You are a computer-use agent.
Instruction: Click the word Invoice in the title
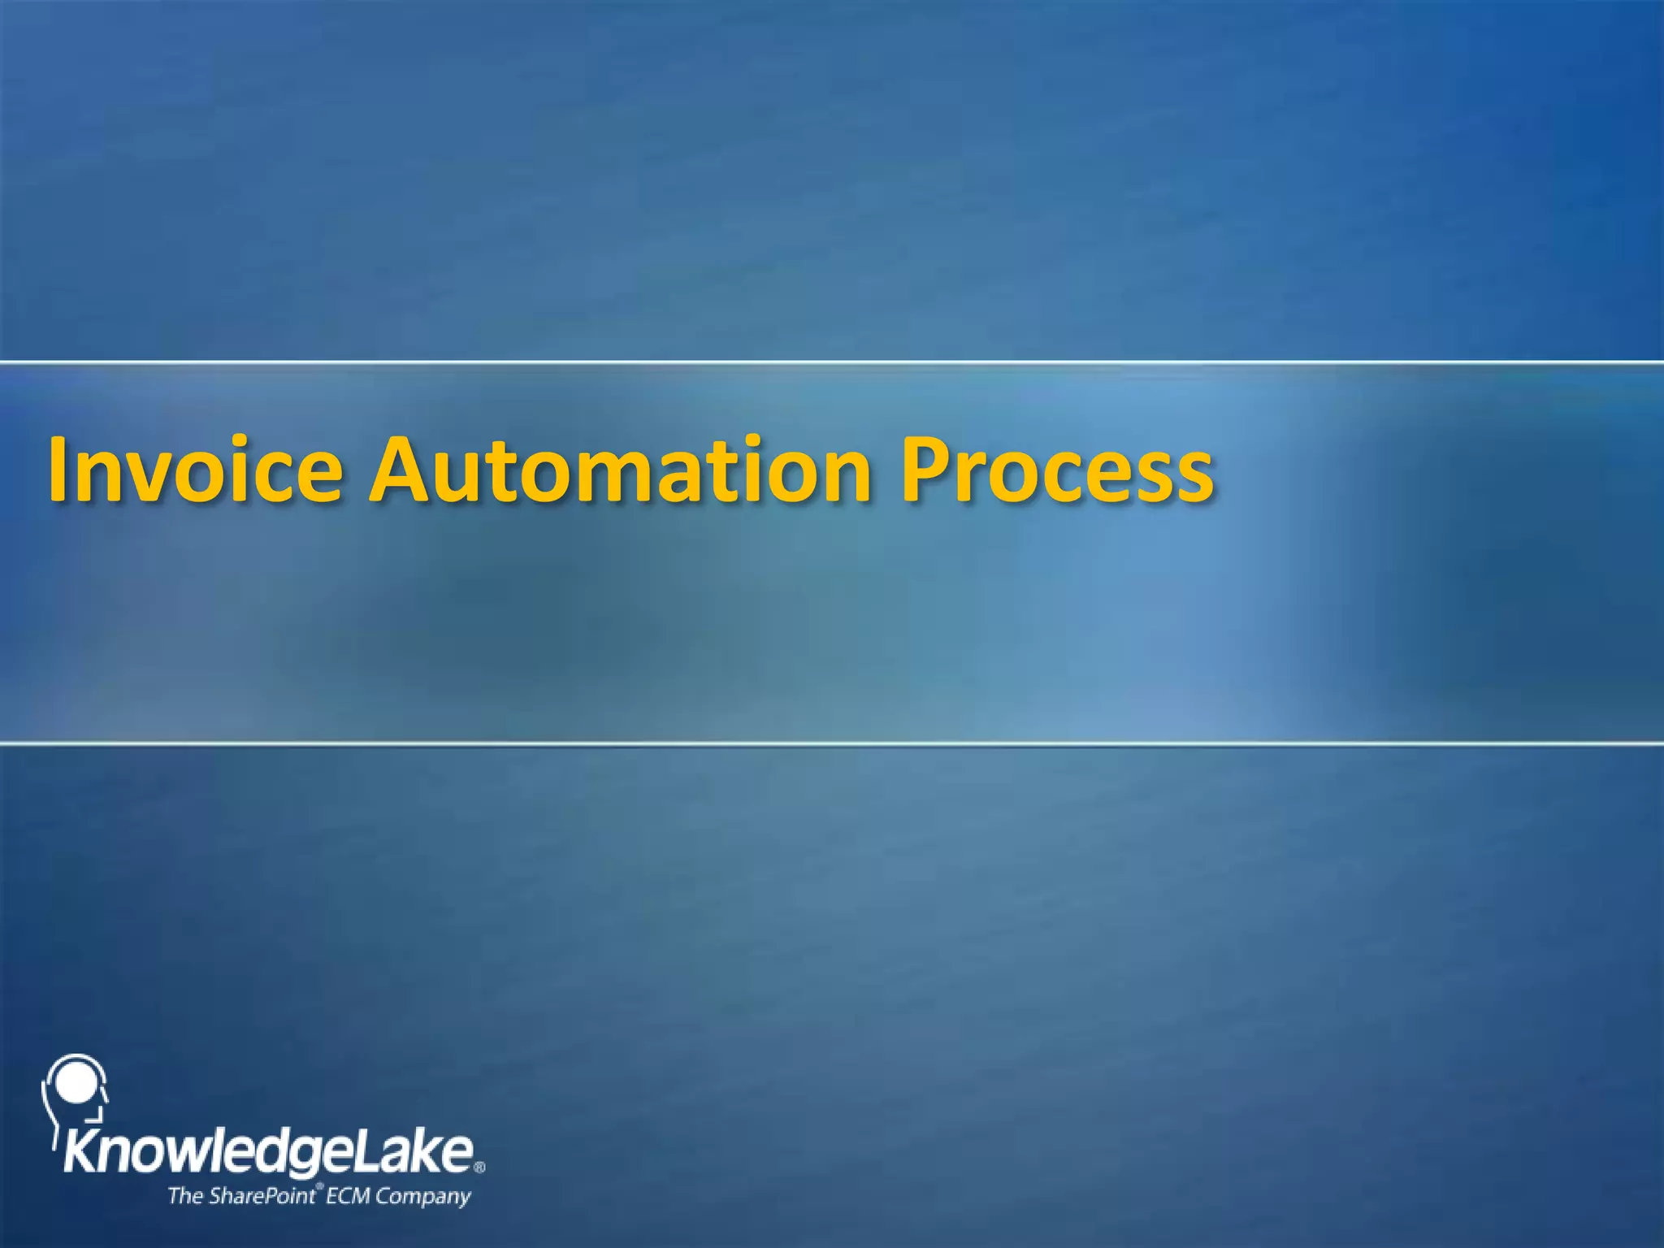pyautogui.click(x=196, y=470)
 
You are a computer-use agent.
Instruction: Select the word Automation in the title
pyautogui.click(x=619, y=470)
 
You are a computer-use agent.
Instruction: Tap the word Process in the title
pyautogui.click(x=1057, y=470)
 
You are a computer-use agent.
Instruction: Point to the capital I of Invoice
pyautogui.click(x=58, y=470)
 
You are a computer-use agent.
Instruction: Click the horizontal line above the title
pyautogui.click(x=832, y=362)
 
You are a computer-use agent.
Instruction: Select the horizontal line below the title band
pyautogui.click(x=832, y=743)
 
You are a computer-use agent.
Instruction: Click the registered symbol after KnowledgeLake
pyautogui.click(x=479, y=1168)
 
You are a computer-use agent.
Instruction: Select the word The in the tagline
pyautogui.click(x=185, y=1196)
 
